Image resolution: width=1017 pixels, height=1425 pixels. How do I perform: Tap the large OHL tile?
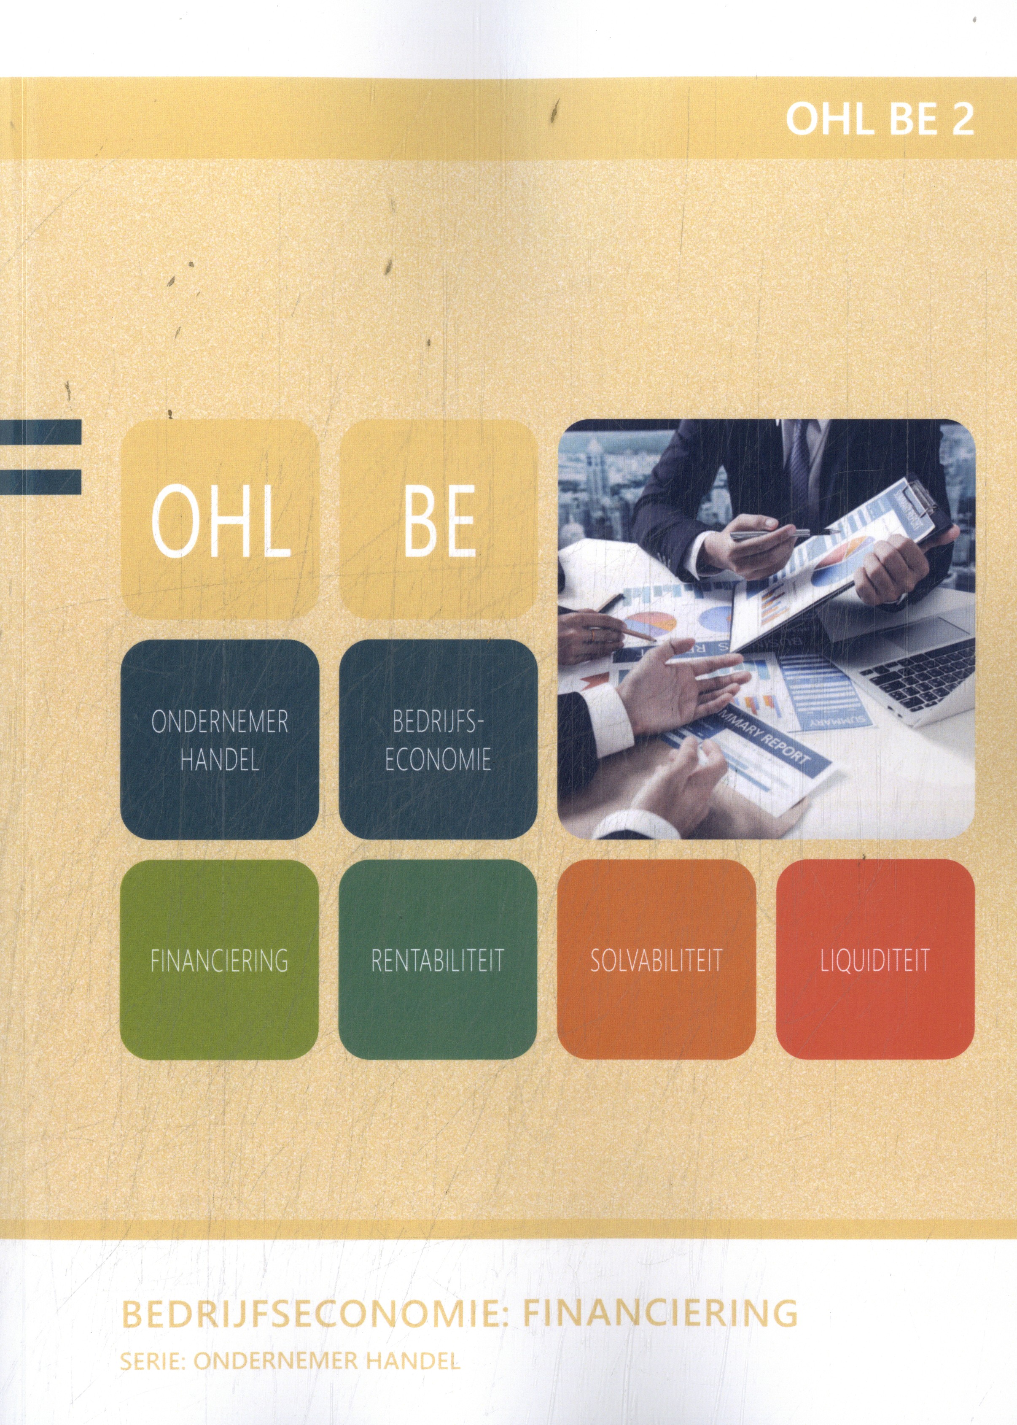[220, 519]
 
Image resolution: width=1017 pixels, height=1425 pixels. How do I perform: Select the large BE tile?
[438, 519]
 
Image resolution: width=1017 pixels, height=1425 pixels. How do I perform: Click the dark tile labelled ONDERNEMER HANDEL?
[220, 739]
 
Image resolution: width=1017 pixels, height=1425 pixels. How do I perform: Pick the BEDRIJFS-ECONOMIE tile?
[438, 739]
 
